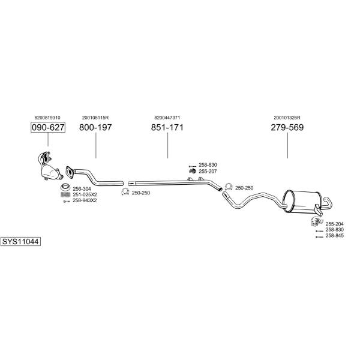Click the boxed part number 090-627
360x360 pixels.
click(x=48, y=127)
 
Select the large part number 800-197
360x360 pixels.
click(x=95, y=127)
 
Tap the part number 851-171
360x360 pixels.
click(x=167, y=127)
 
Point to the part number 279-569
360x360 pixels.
click(x=287, y=127)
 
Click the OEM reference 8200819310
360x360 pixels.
click(x=47, y=118)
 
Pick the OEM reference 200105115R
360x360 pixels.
click(x=95, y=118)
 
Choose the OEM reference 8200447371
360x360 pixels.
click(x=167, y=118)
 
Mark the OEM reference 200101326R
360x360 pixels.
click(x=287, y=118)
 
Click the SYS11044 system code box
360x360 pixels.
click(x=20, y=242)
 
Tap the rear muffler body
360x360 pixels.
click(x=301, y=202)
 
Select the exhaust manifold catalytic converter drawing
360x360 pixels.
click(x=50, y=166)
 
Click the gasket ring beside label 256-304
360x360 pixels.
click(x=65, y=187)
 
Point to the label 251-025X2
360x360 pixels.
click(x=85, y=194)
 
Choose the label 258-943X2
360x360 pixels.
click(x=85, y=200)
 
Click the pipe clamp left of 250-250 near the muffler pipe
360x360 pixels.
click(x=229, y=187)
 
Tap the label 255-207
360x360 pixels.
click(x=208, y=171)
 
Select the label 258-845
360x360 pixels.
click(x=335, y=236)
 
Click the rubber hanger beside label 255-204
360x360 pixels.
click(x=316, y=221)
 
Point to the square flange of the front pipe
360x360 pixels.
click(x=70, y=172)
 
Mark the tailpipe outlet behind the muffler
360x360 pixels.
click(x=328, y=203)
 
